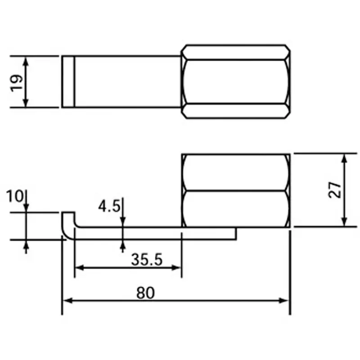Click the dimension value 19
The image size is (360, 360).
pyautogui.click(x=17, y=82)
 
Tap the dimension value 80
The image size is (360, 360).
pyautogui.click(x=145, y=293)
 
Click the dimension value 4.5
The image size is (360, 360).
pyautogui.click(x=109, y=207)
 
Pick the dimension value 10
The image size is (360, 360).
pyautogui.click(x=15, y=196)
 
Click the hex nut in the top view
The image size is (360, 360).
pyautogui.click(x=235, y=82)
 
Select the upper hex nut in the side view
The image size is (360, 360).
pyautogui.click(x=235, y=172)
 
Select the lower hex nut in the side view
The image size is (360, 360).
pyautogui.click(x=235, y=208)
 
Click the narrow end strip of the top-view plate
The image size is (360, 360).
pyautogui.click(x=67, y=82)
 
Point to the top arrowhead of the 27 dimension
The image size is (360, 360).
pyautogui.click(x=344, y=158)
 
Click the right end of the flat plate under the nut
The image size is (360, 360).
pyautogui.click(x=234, y=233)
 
